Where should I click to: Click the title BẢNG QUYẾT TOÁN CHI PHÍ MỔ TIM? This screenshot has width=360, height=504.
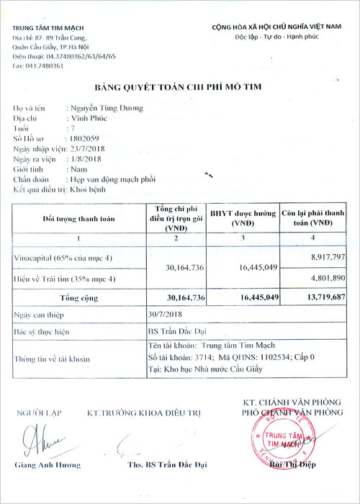click(180, 87)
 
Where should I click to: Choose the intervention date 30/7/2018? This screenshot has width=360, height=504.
click(165, 315)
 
